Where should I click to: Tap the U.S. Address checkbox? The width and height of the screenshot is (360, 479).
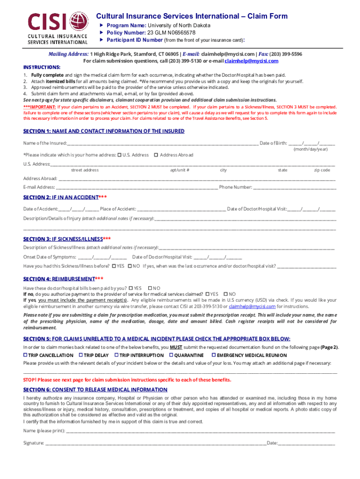[120, 155]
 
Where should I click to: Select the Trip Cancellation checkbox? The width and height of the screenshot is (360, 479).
[26, 355]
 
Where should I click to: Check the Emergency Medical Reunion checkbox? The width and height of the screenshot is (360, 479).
[213, 355]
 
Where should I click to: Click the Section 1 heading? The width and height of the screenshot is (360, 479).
[104, 131]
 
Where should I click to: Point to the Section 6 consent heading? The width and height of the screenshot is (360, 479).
[95, 390]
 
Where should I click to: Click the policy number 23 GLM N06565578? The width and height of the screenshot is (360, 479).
[171, 33]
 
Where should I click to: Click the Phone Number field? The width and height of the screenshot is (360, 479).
[295, 188]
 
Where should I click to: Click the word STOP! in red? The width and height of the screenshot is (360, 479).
[30, 380]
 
